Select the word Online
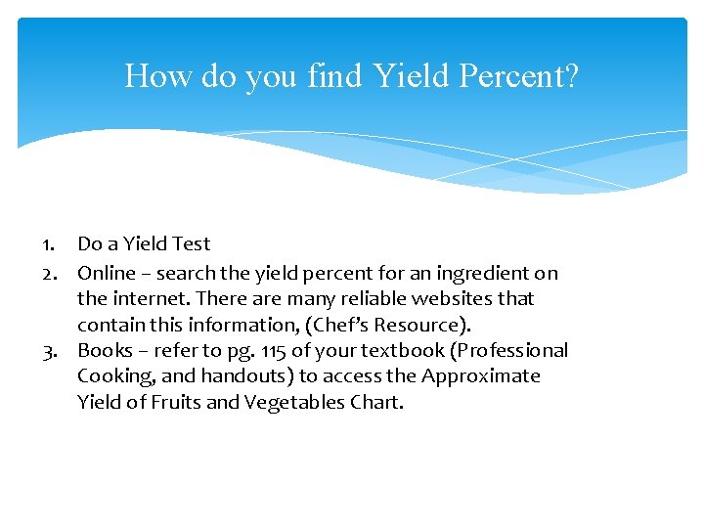[x=107, y=273]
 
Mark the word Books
[x=104, y=350]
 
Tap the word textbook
[x=383, y=350]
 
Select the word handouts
[x=248, y=375]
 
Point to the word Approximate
[x=481, y=375]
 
